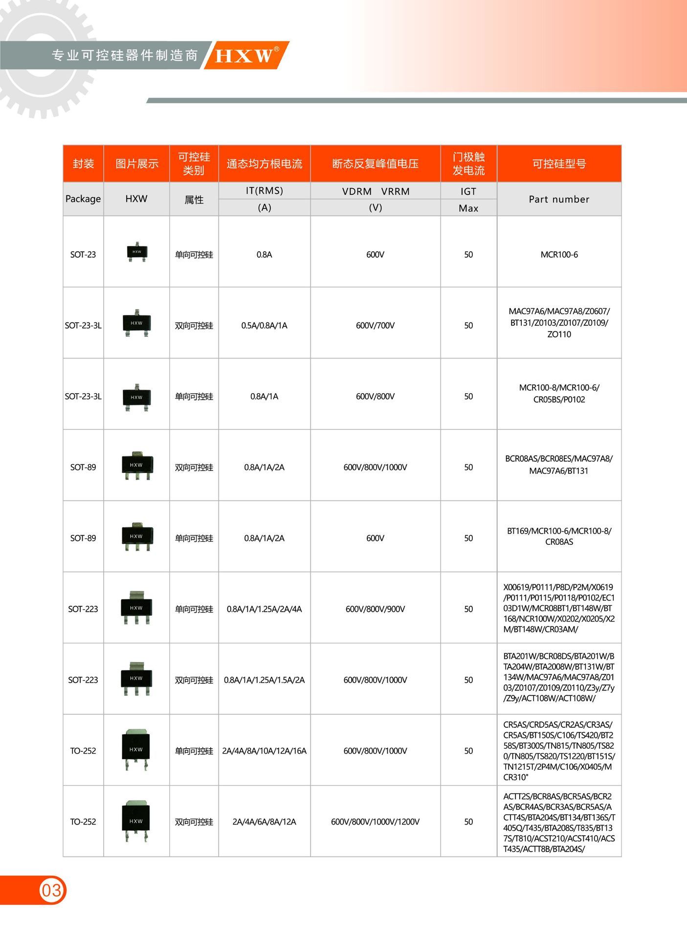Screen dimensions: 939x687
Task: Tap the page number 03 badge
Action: tap(51, 890)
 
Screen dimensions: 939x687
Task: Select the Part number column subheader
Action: tap(559, 199)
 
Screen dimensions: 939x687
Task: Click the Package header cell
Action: tap(83, 199)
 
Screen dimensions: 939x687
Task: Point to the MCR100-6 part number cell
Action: tap(559, 254)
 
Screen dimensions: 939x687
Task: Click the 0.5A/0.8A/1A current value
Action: tap(264, 325)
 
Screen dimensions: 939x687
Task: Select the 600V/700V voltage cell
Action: tap(375, 325)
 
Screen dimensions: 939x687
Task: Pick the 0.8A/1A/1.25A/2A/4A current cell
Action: tap(264, 609)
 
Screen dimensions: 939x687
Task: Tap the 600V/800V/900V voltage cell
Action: tap(375, 609)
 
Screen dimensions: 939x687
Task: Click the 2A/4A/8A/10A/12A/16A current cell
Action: tap(264, 751)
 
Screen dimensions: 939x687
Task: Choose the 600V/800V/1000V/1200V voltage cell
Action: tap(375, 822)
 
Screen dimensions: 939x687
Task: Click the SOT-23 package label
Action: tap(83, 254)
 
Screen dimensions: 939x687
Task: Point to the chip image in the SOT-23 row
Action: tap(137, 252)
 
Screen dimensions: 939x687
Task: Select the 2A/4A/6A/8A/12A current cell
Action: tap(264, 822)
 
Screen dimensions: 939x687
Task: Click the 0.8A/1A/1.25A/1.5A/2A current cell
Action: tap(264, 680)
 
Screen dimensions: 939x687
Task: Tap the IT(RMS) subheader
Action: tap(264, 191)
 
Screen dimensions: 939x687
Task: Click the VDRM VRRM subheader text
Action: tap(375, 191)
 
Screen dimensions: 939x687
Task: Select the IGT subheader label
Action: tap(468, 191)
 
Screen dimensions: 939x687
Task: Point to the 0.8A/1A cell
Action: tap(264, 396)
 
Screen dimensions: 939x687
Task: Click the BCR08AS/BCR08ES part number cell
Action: tap(559, 465)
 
